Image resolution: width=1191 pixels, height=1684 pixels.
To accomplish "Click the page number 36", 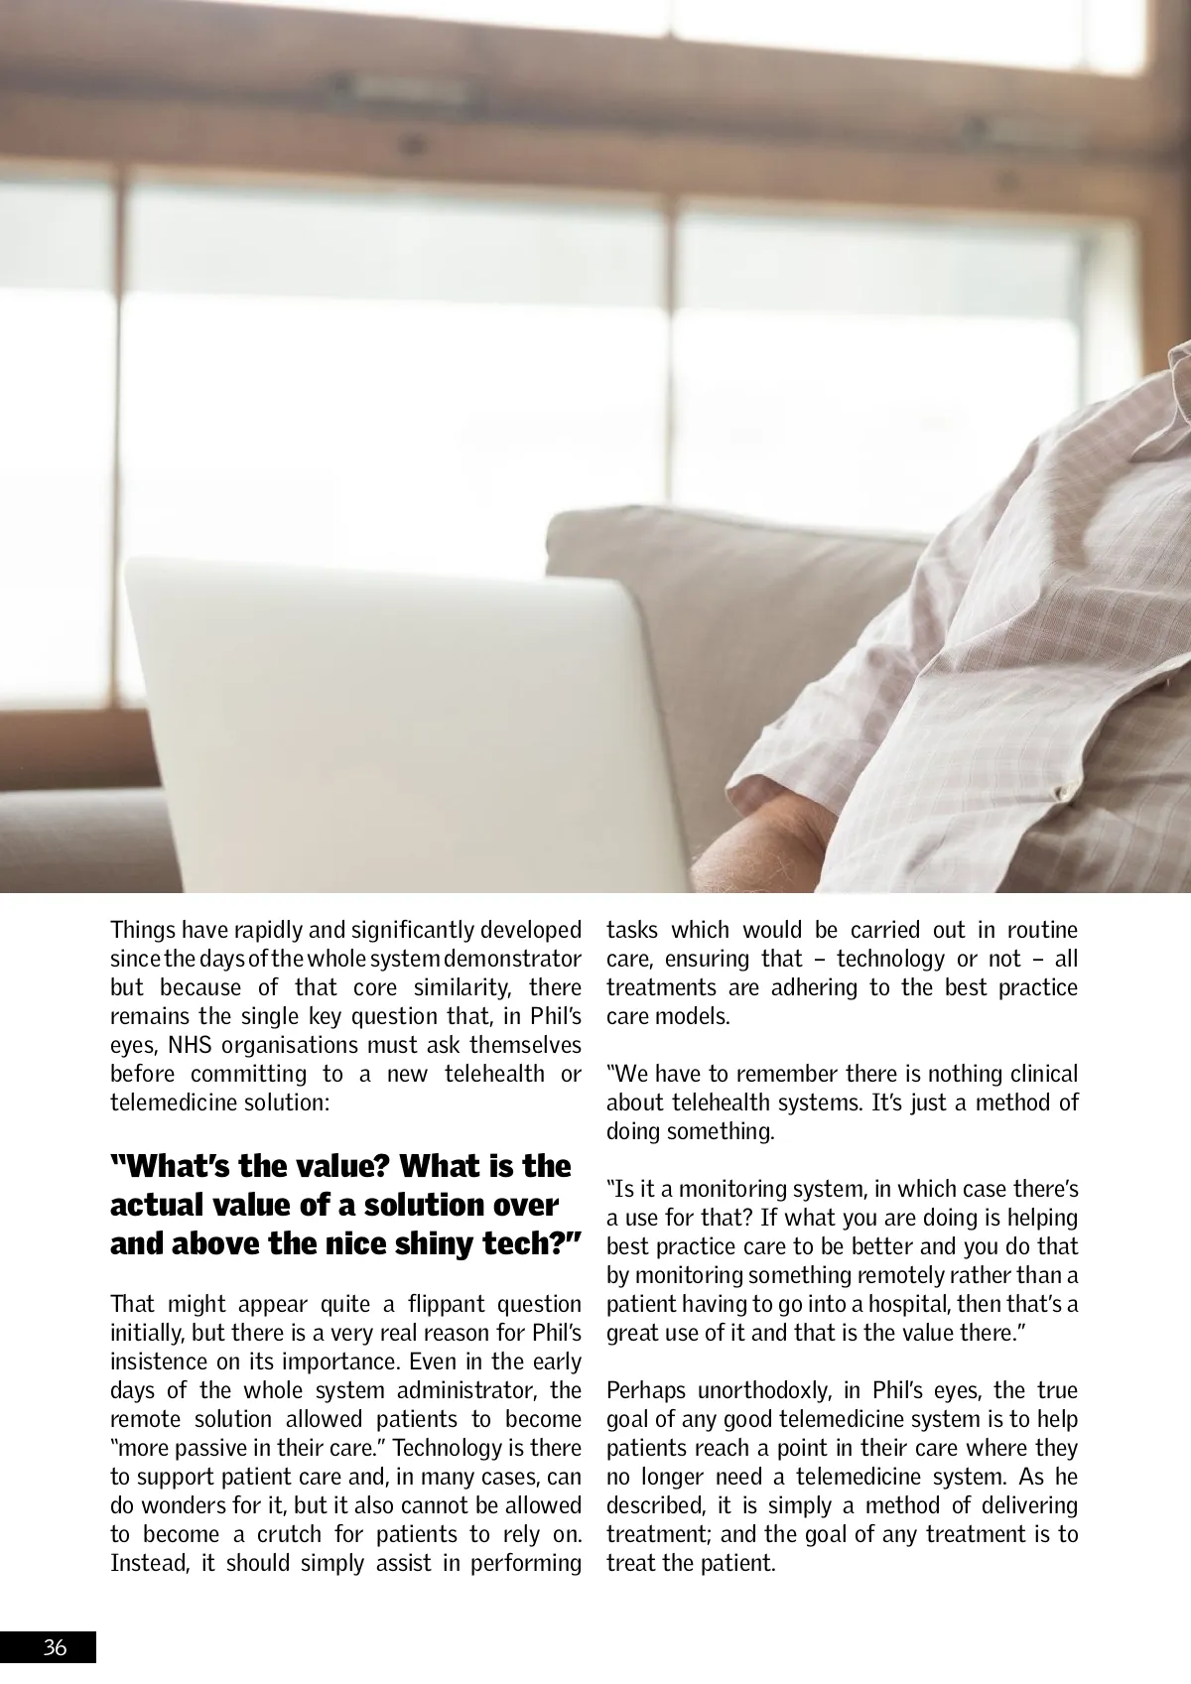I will pos(55,1648).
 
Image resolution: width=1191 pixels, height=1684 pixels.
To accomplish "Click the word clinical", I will pos(1043,1074).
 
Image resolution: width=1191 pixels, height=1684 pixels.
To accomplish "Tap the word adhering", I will pos(807,988).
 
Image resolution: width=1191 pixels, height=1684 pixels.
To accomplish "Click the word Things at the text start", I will pos(142,931).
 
